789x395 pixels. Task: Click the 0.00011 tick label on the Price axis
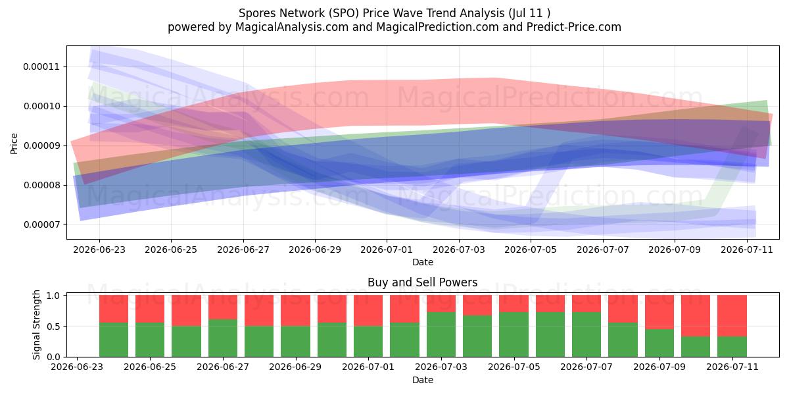pyautogui.click(x=41, y=66)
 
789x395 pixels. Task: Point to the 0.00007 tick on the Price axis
pyautogui.click(x=41, y=224)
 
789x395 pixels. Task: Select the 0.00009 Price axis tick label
pyautogui.click(x=41, y=145)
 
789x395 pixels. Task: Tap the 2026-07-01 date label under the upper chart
pyautogui.click(x=387, y=250)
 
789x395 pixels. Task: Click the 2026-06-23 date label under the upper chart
pyautogui.click(x=99, y=250)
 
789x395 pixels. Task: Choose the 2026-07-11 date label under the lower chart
pyautogui.click(x=732, y=367)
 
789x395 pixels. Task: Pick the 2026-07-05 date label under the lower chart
pyautogui.click(x=514, y=367)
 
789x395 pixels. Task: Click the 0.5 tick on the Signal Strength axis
pyautogui.click(x=53, y=327)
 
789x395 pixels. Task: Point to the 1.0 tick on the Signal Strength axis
pyautogui.click(x=53, y=295)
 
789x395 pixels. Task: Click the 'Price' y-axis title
pyautogui.click(x=14, y=144)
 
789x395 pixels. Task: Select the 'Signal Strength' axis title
pyautogui.click(x=36, y=325)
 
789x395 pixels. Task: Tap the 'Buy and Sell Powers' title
pyautogui.click(x=422, y=282)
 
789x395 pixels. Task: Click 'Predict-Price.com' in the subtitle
pyautogui.click(x=574, y=27)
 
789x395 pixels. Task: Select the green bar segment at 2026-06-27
pyautogui.click(x=223, y=338)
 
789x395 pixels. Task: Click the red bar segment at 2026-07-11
pyautogui.click(x=732, y=315)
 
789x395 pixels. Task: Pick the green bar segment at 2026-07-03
pyautogui.click(x=441, y=334)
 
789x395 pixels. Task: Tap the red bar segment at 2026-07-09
pyautogui.click(x=659, y=312)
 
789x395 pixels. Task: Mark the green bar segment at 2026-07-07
pyautogui.click(x=586, y=334)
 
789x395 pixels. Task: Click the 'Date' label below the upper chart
pyautogui.click(x=423, y=262)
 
